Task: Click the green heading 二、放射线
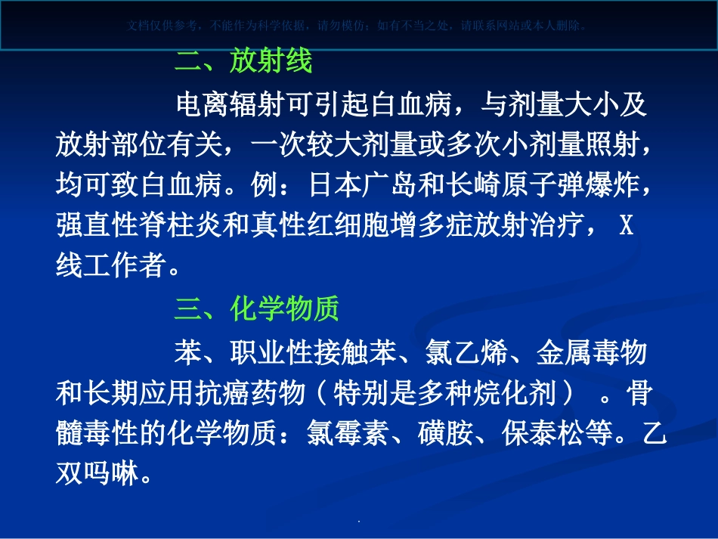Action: coord(243,62)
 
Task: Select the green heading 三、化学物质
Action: coord(257,308)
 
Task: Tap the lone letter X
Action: coord(626,225)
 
